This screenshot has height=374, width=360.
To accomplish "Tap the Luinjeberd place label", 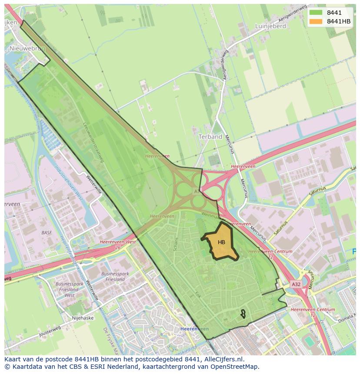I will click(x=270, y=26).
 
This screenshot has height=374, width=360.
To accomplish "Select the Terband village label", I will click(x=210, y=136).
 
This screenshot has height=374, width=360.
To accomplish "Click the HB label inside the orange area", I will click(x=221, y=242).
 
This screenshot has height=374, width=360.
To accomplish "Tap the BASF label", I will click(x=47, y=233).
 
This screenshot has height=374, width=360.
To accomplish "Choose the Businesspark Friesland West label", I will click(x=70, y=289).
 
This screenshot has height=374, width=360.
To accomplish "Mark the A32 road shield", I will click(x=296, y=284).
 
